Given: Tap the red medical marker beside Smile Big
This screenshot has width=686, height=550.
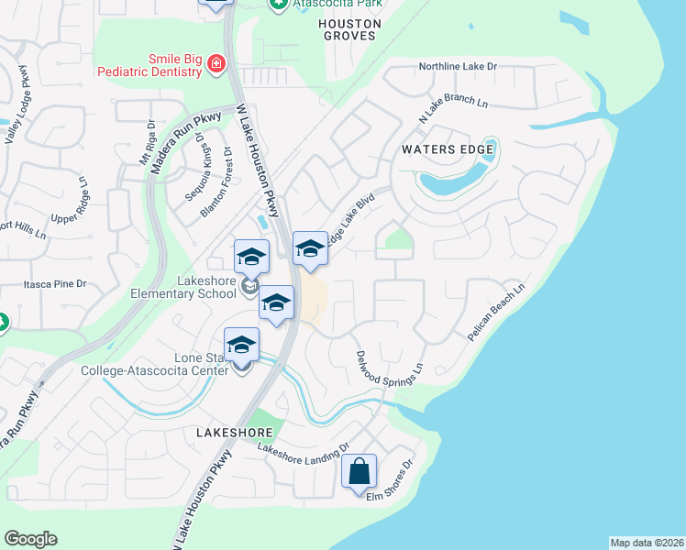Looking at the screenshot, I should pos(216,64).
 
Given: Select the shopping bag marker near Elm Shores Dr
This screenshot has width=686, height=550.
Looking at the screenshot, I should pos(360,472).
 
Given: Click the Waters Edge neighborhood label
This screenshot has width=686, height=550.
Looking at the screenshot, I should pos(448,148).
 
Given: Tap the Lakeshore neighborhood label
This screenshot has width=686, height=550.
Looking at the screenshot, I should pos(233,431).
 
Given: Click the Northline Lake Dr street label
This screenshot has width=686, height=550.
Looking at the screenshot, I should pos(457,67).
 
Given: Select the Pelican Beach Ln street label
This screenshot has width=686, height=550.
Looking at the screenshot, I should pos(494,312).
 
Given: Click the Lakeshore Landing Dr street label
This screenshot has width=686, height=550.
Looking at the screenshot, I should pos(304,448).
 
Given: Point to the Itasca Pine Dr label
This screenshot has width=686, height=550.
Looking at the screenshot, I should pos(55,285).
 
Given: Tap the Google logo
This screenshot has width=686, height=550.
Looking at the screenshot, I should pos(30,539).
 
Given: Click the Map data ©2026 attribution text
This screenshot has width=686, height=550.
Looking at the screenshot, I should pos(646,543).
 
